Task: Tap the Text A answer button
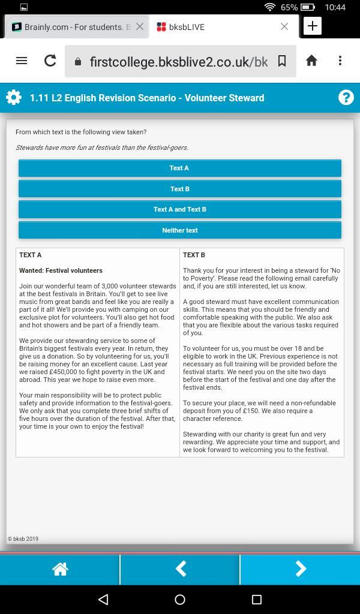[179, 168]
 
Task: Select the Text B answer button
[179, 189]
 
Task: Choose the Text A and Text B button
[179, 209]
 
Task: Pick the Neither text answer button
[179, 230]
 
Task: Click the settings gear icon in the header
[13, 98]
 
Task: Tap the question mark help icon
[346, 98]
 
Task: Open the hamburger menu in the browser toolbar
[22, 61]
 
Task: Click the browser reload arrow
[50, 61]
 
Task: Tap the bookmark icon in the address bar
[281, 61]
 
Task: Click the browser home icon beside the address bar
[311, 61]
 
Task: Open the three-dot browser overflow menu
[340, 61]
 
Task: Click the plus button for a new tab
[313, 26]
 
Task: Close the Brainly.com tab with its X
[140, 26]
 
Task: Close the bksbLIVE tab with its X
[284, 26]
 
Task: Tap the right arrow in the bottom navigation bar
[300, 569]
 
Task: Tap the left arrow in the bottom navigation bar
[180, 569]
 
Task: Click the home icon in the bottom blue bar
[60, 569]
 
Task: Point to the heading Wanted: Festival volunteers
[61, 270]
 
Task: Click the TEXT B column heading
[194, 255]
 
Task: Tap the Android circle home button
[180, 599]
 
